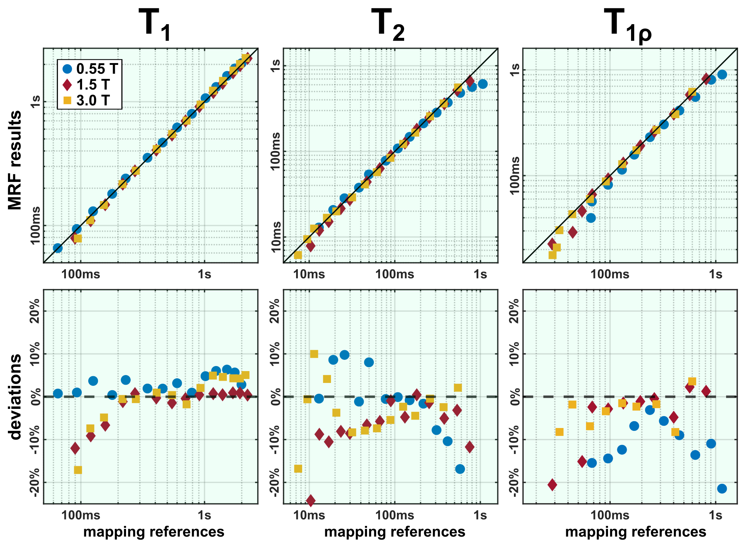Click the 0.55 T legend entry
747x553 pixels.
(x=90, y=68)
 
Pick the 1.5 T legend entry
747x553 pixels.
(x=86, y=85)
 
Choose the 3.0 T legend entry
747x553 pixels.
(x=86, y=101)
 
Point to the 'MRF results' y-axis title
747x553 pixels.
(x=15, y=160)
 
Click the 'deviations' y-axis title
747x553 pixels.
(x=15, y=396)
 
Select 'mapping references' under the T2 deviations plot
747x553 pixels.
(x=395, y=532)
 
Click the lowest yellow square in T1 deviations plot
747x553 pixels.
(x=78, y=470)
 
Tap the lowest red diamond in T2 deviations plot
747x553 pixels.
(x=310, y=500)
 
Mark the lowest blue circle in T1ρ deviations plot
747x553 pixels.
(x=722, y=489)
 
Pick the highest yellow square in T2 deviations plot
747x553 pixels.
(x=314, y=354)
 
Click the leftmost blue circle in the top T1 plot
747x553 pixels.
(x=58, y=248)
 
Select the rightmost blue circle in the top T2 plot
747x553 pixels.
(x=483, y=84)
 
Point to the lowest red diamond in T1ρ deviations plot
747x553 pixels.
(x=552, y=485)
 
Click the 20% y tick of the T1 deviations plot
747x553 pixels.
(x=35, y=311)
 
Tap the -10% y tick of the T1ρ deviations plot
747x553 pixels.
(x=515, y=440)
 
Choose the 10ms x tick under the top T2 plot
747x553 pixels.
(x=309, y=275)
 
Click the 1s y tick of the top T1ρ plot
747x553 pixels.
(x=515, y=70)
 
